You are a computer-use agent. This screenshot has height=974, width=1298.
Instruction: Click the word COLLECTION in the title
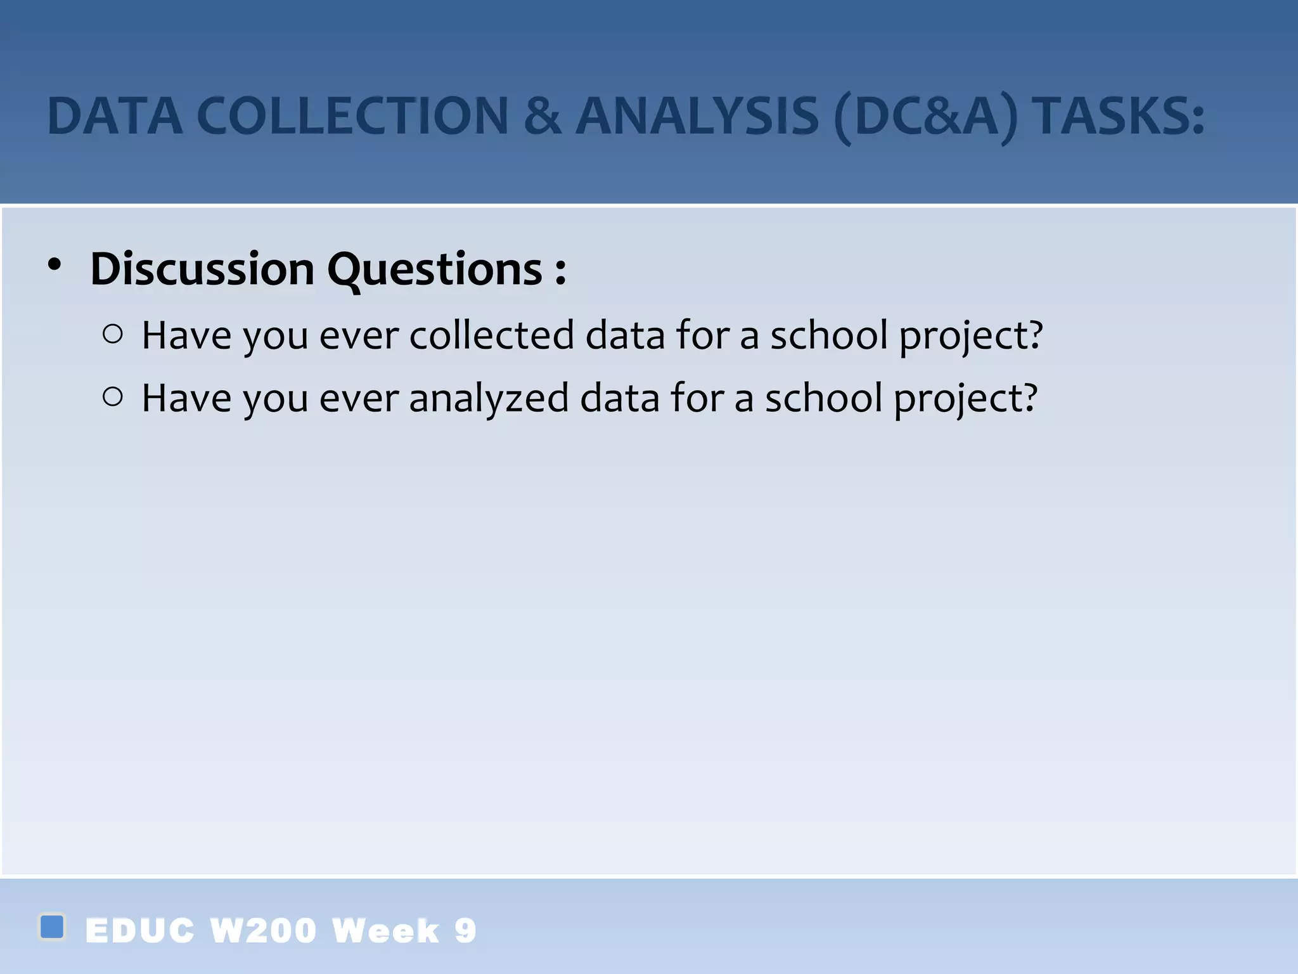(352, 117)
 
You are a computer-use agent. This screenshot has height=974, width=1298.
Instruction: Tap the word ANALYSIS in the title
(697, 117)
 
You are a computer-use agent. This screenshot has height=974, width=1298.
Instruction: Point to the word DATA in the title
(115, 117)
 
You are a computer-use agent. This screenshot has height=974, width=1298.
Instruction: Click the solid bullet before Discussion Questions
(55, 265)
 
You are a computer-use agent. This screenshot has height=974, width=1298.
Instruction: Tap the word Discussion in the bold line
(202, 269)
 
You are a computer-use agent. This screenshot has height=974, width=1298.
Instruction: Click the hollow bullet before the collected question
(112, 334)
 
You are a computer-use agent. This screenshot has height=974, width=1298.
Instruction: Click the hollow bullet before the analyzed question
(112, 397)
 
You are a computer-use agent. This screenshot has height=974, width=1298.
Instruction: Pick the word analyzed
(489, 398)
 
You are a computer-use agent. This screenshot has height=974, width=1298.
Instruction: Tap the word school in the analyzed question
(823, 398)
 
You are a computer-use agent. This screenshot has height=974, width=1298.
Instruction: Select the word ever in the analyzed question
(359, 398)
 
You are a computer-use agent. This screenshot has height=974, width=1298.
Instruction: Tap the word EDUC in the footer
(139, 931)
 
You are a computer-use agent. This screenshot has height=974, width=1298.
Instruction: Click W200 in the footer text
(263, 931)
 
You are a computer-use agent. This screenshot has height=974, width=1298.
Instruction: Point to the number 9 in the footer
(465, 931)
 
